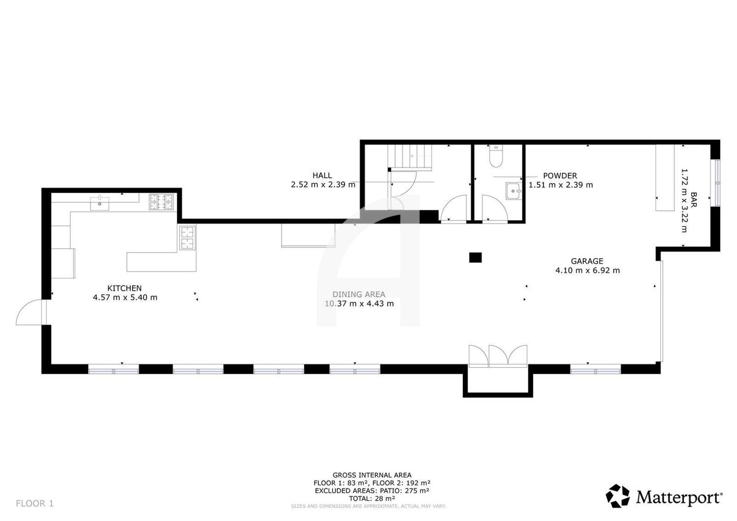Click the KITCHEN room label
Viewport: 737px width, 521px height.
click(x=124, y=288)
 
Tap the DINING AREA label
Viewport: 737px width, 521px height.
click(x=359, y=294)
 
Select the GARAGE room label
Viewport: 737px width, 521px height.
click(x=587, y=261)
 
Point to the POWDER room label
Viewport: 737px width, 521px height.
click(x=560, y=175)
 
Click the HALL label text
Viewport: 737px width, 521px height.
click(x=322, y=175)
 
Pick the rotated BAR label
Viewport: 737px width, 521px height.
click(x=694, y=200)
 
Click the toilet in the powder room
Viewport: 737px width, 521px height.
click(x=496, y=156)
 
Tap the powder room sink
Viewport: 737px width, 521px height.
click(x=514, y=191)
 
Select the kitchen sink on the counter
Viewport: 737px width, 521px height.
click(x=99, y=203)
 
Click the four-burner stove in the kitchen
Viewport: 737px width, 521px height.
click(x=161, y=202)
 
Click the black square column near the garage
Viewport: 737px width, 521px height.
click(x=475, y=257)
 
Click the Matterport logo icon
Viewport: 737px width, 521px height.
click(x=618, y=496)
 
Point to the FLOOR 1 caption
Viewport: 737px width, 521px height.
click(x=35, y=503)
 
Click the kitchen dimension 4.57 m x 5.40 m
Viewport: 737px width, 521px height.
click(x=125, y=297)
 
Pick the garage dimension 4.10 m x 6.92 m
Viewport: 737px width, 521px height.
click(x=588, y=271)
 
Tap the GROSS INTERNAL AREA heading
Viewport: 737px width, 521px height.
click(x=372, y=475)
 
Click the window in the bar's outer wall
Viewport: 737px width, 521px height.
click(x=717, y=183)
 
